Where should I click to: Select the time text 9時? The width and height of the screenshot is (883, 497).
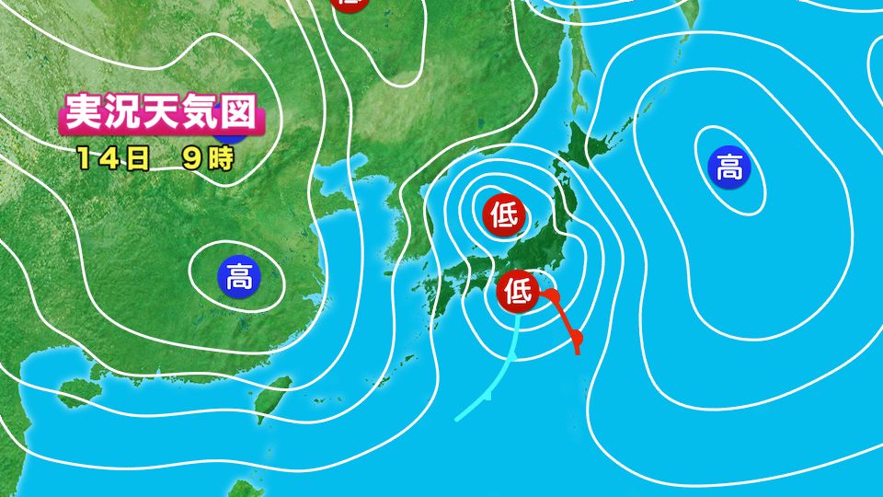click(x=207, y=157)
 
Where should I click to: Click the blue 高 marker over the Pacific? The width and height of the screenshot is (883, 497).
click(x=729, y=168)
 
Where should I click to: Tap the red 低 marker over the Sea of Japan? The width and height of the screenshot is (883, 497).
click(x=503, y=216)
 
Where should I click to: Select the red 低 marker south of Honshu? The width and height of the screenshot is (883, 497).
click(x=517, y=293)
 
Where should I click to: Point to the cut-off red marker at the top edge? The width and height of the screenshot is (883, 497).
click(x=349, y=4)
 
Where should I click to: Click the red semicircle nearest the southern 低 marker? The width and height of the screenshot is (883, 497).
click(x=552, y=296)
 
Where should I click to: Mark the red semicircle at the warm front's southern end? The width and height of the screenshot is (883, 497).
click(x=578, y=342)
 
